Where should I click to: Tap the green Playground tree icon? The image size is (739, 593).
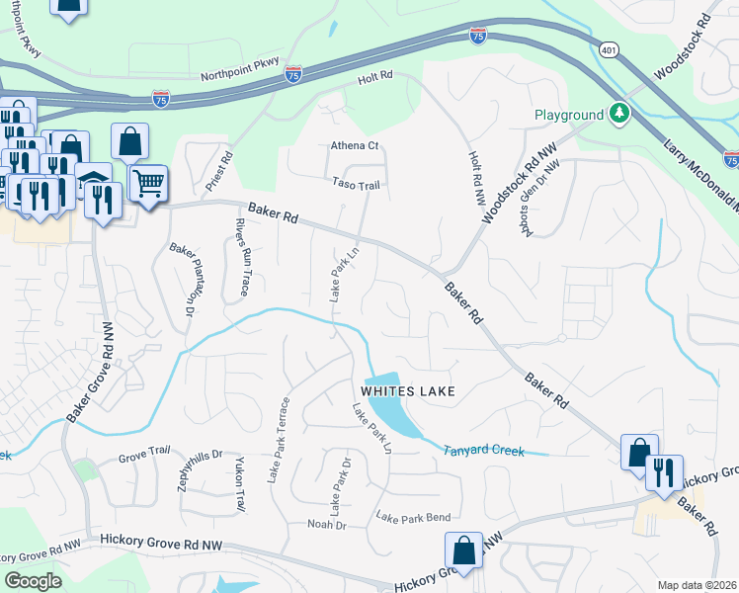click(619, 115)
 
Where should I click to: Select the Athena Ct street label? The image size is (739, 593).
click(354, 146)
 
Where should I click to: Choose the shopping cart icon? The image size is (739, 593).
click(147, 183)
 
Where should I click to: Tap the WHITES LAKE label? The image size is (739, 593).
click(407, 391)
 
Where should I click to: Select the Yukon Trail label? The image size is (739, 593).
click(239, 485)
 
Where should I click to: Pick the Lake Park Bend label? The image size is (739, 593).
click(413, 517)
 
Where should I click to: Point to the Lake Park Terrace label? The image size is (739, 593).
click(280, 440)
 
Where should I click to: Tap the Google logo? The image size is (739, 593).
click(33, 580)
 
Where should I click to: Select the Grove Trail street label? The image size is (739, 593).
click(145, 455)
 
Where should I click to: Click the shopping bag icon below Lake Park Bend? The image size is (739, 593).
click(463, 549)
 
